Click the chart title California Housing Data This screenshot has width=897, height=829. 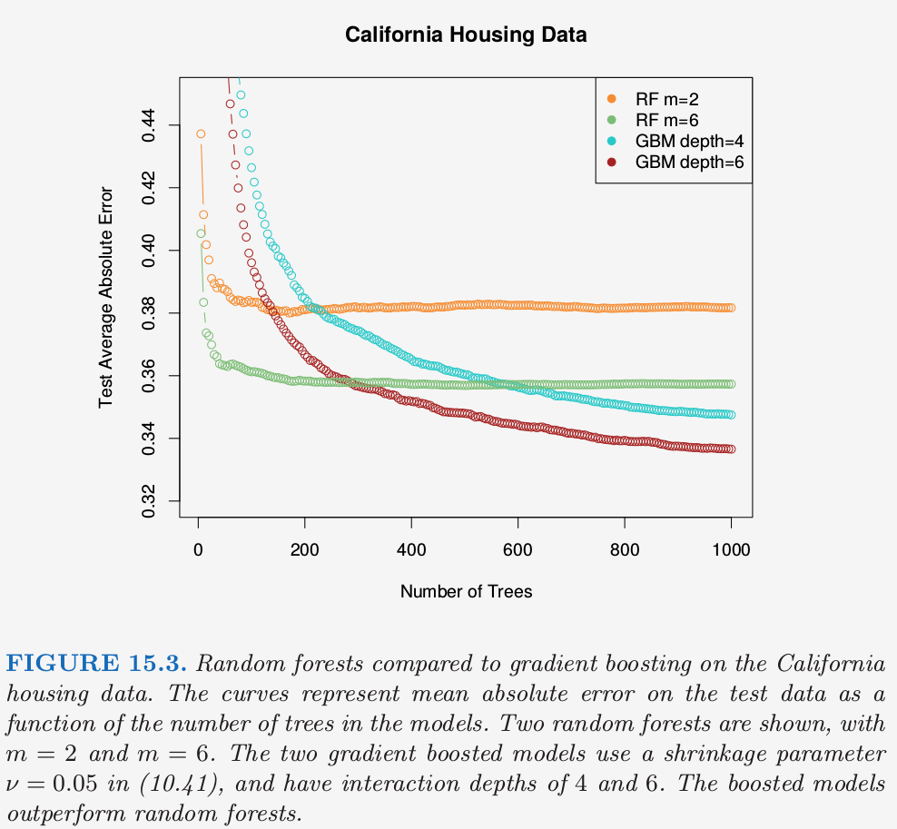[466, 35]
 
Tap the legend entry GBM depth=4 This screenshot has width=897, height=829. [690, 141]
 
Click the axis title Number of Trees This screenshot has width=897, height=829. [466, 591]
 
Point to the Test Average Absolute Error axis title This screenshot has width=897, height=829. [106, 296]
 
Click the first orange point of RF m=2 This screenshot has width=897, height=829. [201, 133]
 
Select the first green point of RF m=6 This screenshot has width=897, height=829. [201, 233]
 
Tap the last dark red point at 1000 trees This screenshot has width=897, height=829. [731, 449]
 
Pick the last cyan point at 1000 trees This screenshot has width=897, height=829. [731, 414]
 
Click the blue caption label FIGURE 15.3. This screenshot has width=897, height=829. [96, 663]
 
